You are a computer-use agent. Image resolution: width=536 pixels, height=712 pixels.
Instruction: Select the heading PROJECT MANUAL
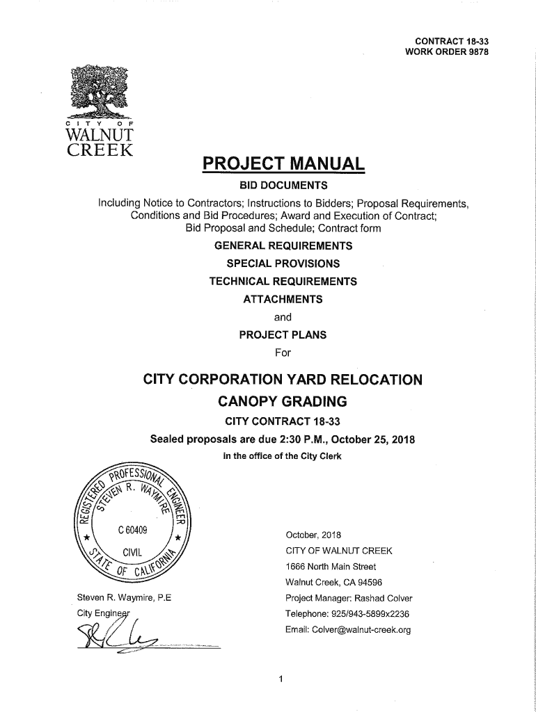pos(283,165)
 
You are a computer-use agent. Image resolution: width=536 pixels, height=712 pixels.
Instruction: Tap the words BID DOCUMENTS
pos(283,186)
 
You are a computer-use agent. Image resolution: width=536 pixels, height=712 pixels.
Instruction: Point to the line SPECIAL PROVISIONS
pos(283,264)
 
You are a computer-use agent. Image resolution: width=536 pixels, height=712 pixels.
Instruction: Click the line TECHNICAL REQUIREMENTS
pos(283,282)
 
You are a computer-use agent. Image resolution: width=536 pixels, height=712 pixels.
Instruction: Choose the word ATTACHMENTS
pos(283,299)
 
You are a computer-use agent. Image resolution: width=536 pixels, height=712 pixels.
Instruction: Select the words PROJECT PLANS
pos(283,334)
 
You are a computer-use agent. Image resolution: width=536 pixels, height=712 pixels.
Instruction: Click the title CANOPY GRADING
pos(283,402)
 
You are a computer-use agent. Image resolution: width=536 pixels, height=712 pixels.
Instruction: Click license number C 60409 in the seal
pos(132,531)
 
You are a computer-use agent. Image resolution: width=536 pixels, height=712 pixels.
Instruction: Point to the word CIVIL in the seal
pos(133,553)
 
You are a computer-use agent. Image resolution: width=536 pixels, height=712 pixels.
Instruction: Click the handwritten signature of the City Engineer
pos(118,636)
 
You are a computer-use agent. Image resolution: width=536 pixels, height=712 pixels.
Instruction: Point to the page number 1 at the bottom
pos(280,680)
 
